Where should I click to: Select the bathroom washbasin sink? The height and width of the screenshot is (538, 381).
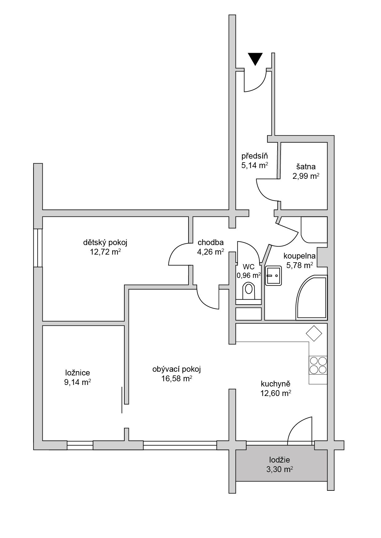point(273,276)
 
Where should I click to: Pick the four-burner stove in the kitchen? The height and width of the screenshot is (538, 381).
point(318,365)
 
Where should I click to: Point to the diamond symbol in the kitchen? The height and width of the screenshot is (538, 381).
point(314,333)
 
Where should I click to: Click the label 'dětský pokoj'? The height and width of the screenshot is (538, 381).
point(105,243)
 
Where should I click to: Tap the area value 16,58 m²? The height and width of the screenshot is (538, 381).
point(177,379)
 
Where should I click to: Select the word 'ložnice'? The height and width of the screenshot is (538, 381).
point(78,373)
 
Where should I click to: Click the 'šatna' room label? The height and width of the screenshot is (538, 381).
point(306,167)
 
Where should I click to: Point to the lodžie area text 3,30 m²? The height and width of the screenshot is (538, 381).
point(279,469)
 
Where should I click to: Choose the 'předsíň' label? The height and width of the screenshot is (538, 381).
point(255,156)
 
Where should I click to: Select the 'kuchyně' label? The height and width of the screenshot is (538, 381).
point(276,384)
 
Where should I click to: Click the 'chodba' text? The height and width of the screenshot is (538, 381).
point(210,243)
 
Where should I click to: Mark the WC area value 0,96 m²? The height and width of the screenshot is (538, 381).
point(249,275)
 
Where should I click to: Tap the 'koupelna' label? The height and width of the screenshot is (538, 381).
point(300,256)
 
